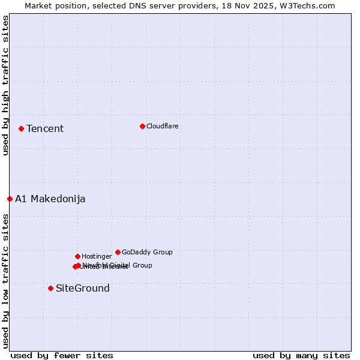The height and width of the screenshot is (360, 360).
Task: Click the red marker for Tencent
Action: coord(21,128)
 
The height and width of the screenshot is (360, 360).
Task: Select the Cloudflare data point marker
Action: coord(142,126)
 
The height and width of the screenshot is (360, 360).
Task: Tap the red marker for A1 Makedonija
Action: coord(10,199)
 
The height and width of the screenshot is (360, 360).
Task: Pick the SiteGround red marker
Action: coord(50,288)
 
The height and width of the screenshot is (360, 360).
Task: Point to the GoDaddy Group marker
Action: coord(118,252)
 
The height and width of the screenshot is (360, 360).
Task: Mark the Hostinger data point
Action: coord(77,256)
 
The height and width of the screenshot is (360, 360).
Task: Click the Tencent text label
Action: coord(45,128)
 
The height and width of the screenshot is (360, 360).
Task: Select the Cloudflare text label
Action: coord(162,126)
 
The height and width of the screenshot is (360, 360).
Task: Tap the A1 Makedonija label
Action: coord(50,199)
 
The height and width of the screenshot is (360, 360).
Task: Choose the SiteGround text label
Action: coord(83,288)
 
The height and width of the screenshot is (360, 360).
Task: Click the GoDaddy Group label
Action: coord(147,252)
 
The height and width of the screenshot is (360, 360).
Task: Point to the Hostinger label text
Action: coord(97,256)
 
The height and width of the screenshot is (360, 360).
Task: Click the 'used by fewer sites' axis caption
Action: coord(62,355)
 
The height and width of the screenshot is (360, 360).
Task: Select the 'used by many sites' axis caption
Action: coord(301,355)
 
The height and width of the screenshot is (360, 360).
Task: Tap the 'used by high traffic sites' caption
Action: coord(5,85)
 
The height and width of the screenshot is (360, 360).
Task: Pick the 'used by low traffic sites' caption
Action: coord(5,280)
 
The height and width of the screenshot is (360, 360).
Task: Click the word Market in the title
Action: coord(38,5)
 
